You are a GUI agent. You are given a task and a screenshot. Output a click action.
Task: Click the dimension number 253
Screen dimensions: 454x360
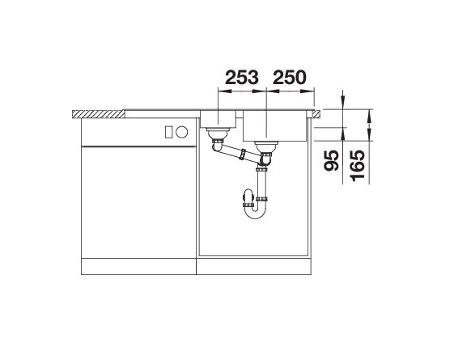242,78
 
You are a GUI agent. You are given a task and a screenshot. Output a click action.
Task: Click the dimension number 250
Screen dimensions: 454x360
289,78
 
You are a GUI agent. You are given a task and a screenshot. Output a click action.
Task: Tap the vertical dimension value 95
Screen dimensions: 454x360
332,161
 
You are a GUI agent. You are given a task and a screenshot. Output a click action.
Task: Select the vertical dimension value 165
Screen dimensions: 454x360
357,166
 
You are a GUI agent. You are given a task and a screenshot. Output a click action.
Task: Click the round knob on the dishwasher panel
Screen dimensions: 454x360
182,132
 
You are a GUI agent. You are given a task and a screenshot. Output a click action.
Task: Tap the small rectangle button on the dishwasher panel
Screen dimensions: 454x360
169,132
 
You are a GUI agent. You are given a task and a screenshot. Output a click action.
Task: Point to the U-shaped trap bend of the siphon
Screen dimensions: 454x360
254,212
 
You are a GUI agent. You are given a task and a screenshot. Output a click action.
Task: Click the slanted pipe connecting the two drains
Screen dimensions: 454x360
237,152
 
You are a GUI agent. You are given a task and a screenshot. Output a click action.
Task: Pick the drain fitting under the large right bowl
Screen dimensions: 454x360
266,147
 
